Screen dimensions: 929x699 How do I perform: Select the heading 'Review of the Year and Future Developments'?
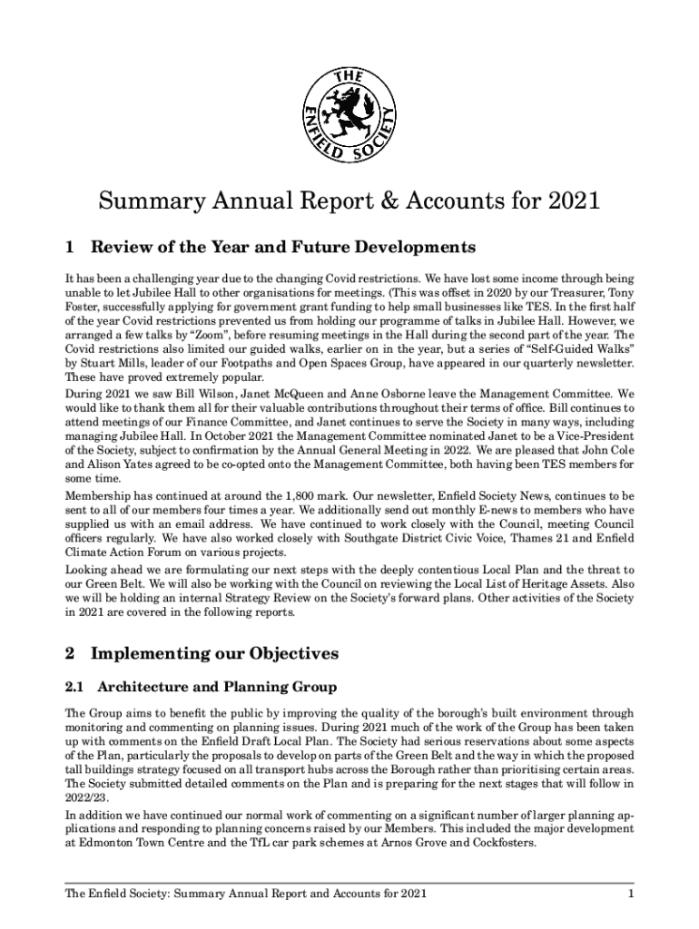282,247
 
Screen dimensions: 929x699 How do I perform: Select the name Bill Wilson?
196,395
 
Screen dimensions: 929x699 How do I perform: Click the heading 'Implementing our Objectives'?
214,653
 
